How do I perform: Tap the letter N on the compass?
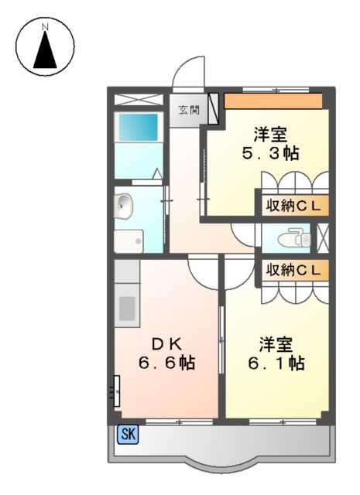coord(46,27)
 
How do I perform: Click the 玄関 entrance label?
coord(188,109)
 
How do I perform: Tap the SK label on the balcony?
coord(127,435)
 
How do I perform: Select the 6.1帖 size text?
coord(276,363)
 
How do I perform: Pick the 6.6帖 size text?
coord(166,362)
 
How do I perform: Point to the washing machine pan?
coord(129,241)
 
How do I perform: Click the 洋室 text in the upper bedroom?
coord(272,131)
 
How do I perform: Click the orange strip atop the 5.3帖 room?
coord(273,101)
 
